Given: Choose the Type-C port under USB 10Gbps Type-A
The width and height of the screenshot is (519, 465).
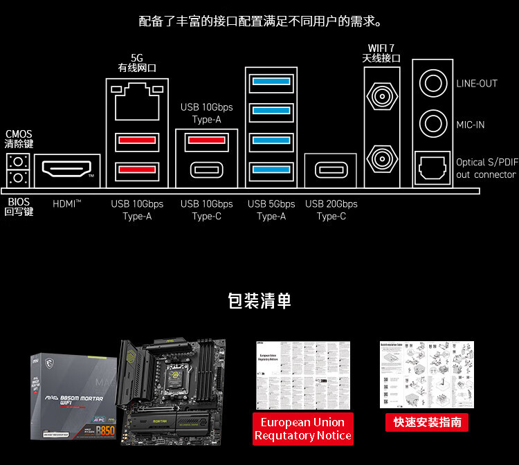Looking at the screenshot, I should pos(206,170).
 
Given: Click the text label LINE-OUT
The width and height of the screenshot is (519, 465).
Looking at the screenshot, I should pos(477,84).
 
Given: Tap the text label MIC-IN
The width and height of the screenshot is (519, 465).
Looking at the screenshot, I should pos(471,125).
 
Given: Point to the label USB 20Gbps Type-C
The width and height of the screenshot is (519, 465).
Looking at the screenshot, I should pos(331,210).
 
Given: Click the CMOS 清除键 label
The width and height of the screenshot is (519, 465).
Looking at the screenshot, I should pos(19,139).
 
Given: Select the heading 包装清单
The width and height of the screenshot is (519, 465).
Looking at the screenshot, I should pos(259,301).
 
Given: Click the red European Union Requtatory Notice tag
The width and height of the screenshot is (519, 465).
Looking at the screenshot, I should pos(303,429).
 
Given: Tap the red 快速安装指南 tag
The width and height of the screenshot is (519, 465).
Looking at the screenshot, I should pos(427,422).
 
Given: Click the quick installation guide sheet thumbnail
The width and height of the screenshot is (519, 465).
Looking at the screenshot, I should pos(427,374).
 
